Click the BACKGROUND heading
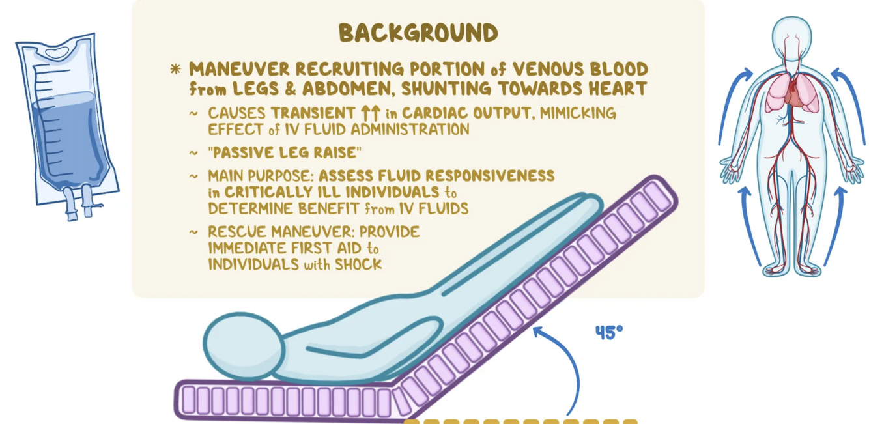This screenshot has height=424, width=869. pos(418,33)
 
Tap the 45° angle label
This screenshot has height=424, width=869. pos(609,333)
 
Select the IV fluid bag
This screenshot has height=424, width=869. pos(66,120)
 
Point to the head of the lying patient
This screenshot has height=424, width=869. pos(242,346)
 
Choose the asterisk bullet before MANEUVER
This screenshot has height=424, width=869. pos(175,70)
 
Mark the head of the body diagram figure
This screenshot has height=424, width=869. pos(792,33)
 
